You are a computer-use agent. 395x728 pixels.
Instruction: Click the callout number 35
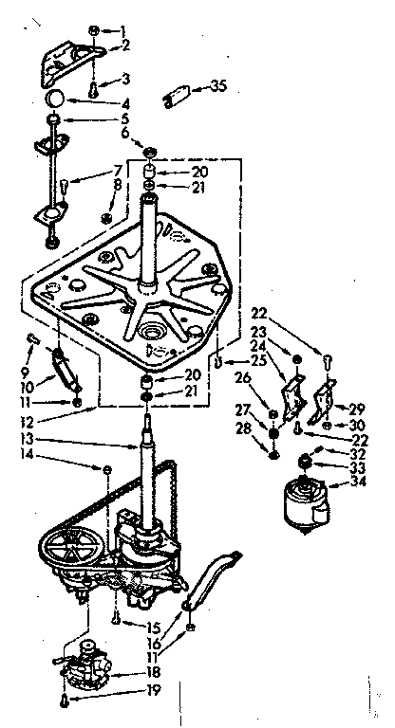[218, 88]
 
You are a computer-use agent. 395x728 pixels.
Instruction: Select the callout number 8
[117, 185]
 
